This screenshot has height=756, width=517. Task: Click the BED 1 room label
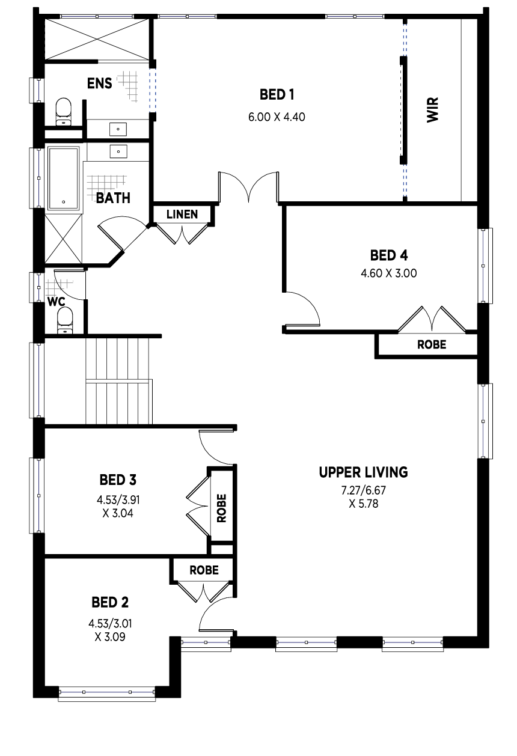277,94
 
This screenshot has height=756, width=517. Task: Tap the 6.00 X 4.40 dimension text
277,117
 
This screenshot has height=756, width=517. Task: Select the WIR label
433,110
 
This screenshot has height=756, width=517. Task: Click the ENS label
99,84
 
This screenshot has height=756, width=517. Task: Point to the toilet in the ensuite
64,112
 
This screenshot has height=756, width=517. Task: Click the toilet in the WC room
65,320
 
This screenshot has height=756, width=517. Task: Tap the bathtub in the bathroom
64,178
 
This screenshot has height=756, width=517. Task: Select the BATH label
113,198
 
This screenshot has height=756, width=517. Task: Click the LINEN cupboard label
182,214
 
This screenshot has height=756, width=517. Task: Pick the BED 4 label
389,255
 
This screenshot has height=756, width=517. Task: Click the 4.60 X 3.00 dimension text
389,273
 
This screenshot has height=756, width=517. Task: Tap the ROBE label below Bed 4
432,344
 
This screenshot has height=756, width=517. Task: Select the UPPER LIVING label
363,472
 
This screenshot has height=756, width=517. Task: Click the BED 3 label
118,480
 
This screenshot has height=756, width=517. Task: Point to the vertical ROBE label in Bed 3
221,508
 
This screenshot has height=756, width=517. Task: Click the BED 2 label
110,602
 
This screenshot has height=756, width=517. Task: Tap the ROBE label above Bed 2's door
204,570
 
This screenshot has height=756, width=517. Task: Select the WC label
57,302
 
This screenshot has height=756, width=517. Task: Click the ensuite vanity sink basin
118,129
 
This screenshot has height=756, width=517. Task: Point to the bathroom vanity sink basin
118,151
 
